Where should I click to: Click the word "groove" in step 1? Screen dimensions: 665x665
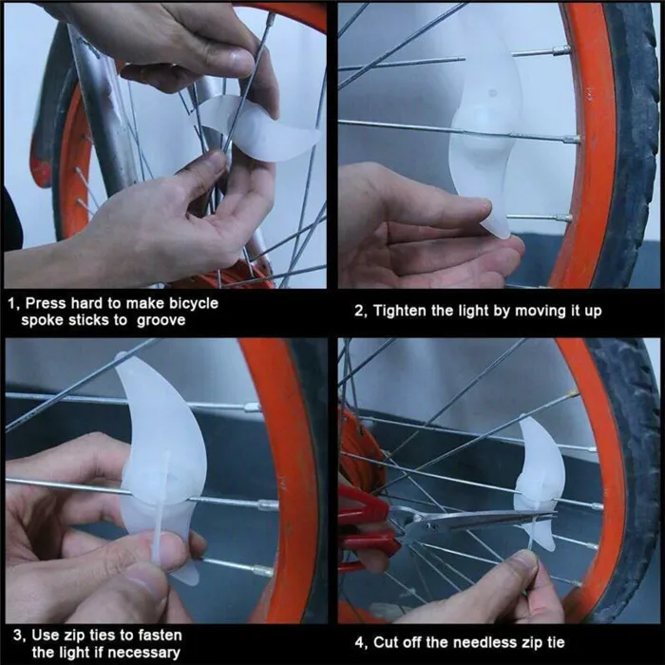click(x=161, y=320)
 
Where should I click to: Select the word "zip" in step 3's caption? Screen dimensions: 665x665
click(x=76, y=636)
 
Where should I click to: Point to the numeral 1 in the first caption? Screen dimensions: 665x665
click(x=11, y=304)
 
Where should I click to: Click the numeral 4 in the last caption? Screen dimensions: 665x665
click(x=359, y=642)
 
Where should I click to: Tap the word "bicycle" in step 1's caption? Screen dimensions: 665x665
click(x=194, y=304)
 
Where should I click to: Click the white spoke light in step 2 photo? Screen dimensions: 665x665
click(x=479, y=127)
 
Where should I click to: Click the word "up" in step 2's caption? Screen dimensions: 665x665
click(x=594, y=312)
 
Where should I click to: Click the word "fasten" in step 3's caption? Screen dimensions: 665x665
click(x=158, y=636)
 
